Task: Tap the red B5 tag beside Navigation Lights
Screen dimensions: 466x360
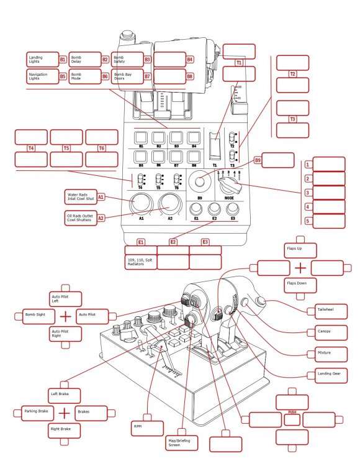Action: pyautogui.click(x=63, y=76)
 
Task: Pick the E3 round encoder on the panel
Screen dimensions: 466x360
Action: pyautogui.click(x=233, y=209)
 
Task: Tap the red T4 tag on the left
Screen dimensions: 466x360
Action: pyautogui.click(x=31, y=148)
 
